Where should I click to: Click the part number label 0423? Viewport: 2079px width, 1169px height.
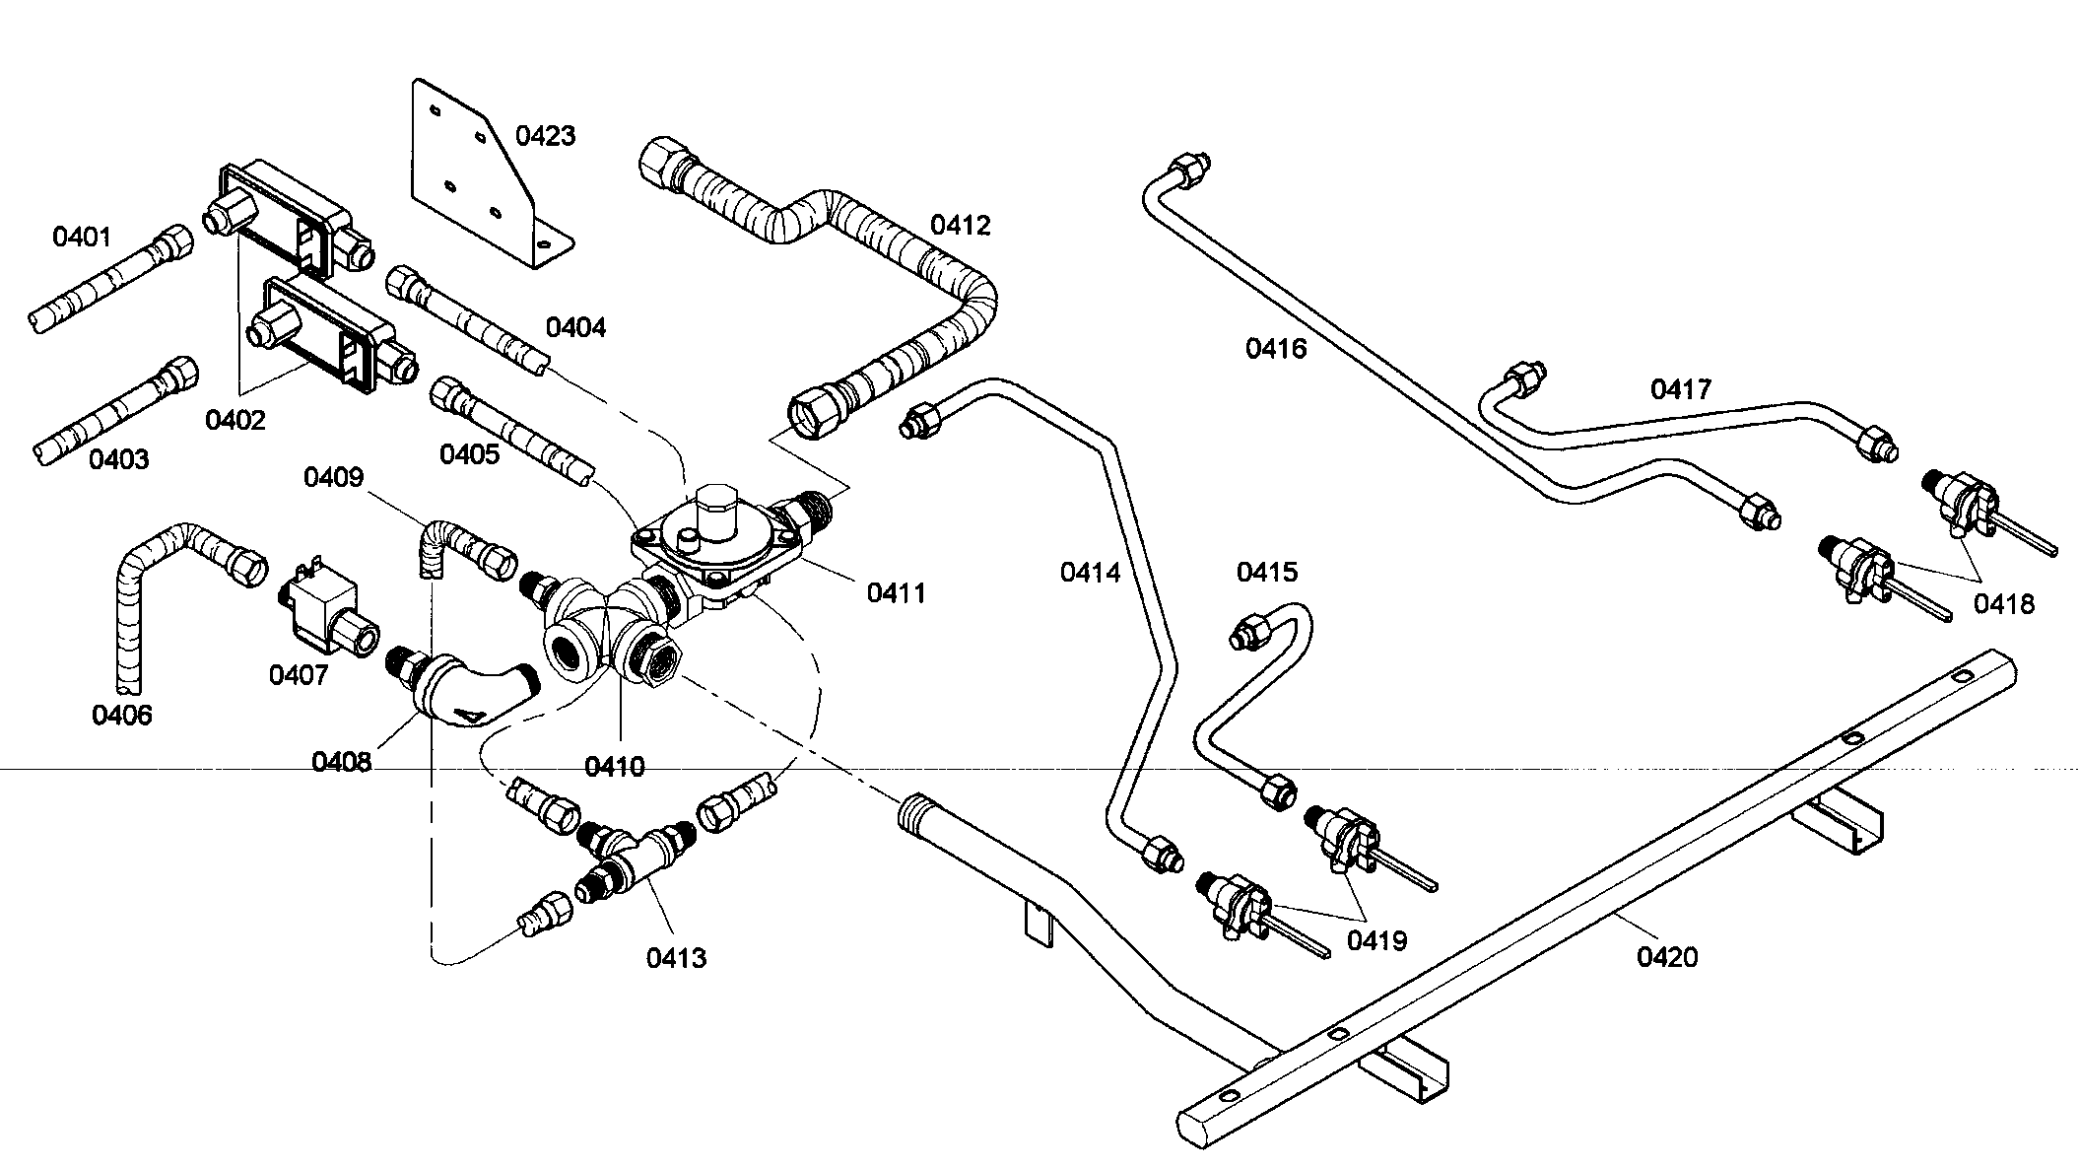pos(545,136)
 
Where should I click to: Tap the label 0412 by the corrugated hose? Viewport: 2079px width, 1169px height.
pos(960,226)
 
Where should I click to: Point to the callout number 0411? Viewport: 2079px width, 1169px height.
pos(896,593)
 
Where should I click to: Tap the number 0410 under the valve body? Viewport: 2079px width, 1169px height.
pos(614,767)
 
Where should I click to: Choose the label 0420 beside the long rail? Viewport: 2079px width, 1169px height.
pos(1667,957)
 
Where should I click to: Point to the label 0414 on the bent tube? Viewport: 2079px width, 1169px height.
pos(1090,573)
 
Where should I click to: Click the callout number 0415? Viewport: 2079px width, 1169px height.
pos(1267,573)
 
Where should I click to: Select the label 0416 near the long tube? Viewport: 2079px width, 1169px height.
pos(1275,349)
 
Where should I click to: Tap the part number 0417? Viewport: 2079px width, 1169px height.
pos(1681,390)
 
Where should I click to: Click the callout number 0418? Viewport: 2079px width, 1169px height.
pos(2003,604)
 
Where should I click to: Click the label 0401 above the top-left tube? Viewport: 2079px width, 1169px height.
pos(82,237)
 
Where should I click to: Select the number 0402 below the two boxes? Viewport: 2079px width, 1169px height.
pos(235,421)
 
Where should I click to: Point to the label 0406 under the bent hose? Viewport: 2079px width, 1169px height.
pos(122,716)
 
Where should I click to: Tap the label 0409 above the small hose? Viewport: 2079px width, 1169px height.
pos(333,478)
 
